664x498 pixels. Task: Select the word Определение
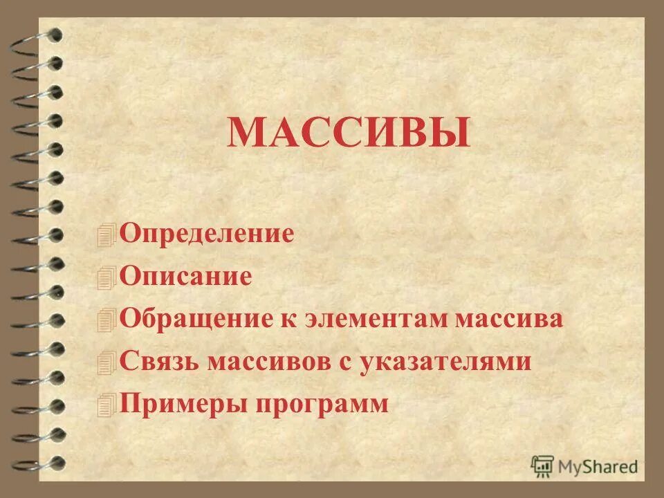(207, 233)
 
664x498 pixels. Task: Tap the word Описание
(185, 277)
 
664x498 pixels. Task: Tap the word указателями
(445, 361)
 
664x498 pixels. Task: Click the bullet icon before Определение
(107, 234)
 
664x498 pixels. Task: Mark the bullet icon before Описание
(107, 277)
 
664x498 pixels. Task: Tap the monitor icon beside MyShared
(542, 465)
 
